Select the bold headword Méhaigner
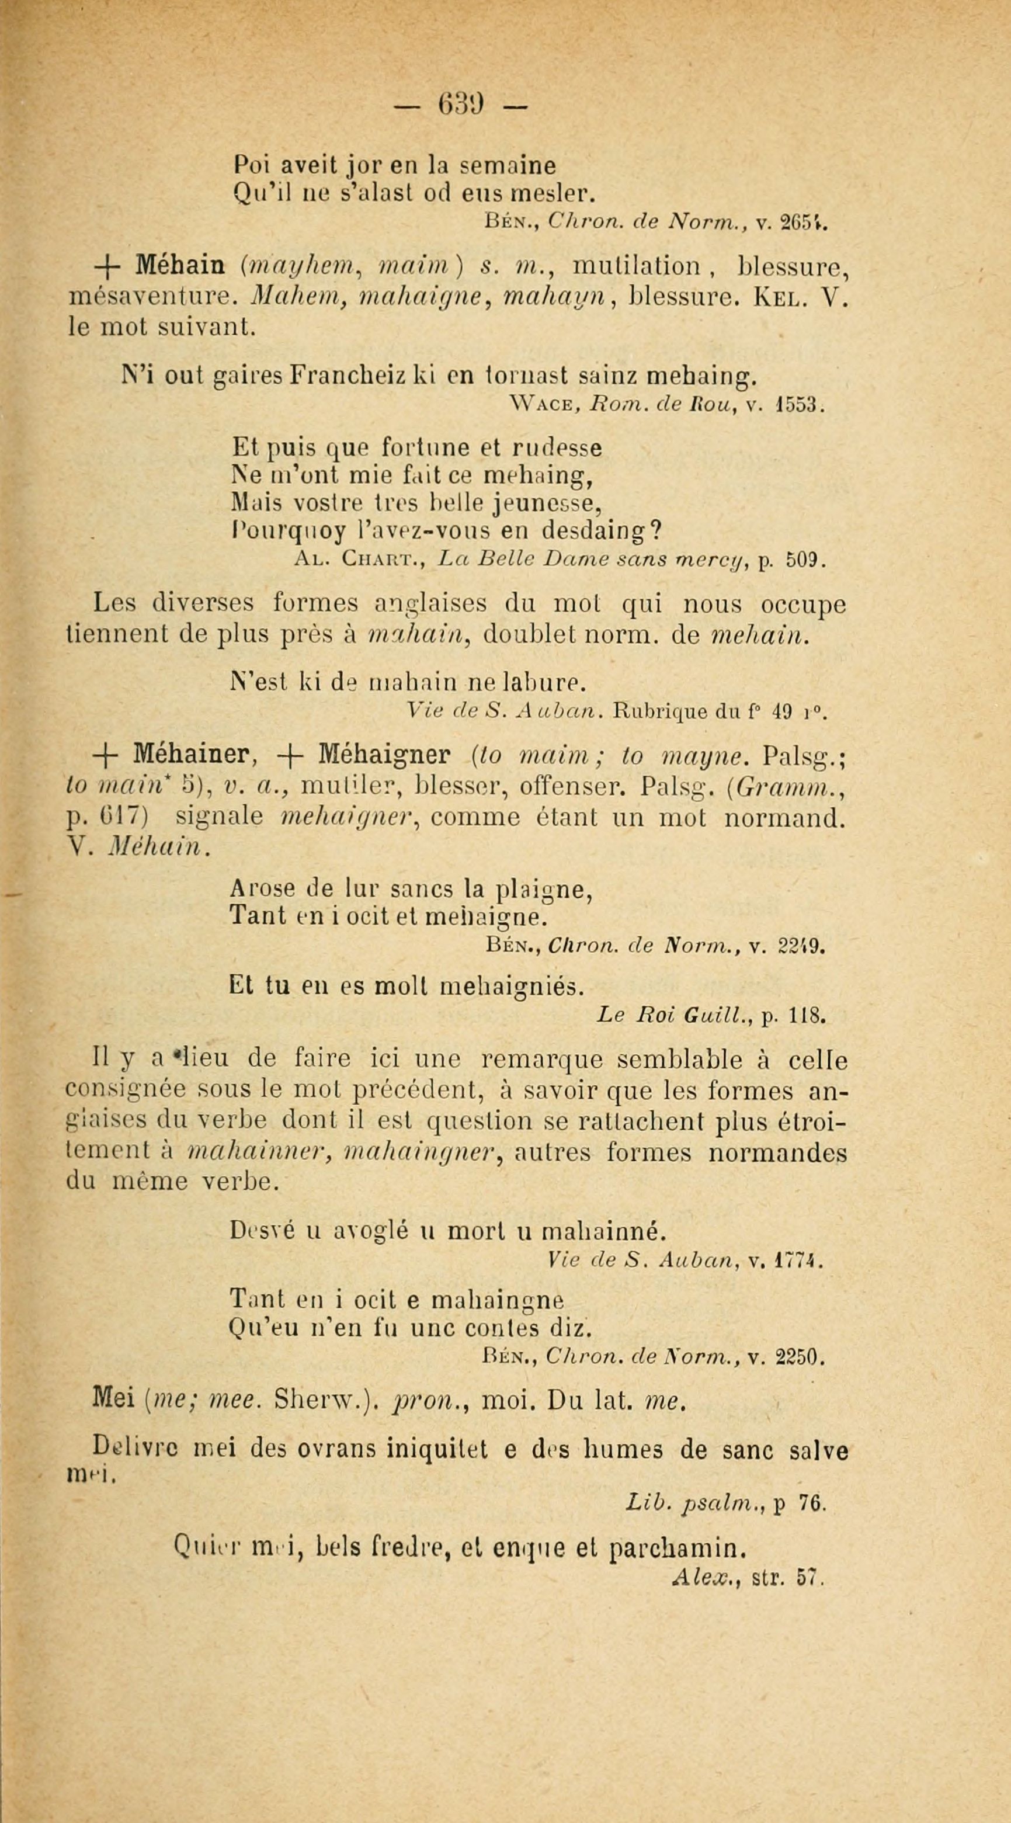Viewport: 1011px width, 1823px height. [x=384, y=755]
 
